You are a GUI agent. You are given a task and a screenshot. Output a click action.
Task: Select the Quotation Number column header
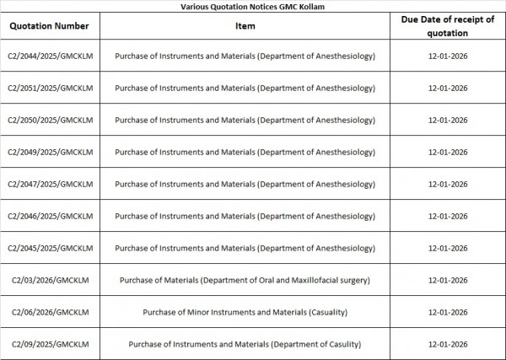(x=50, y=25)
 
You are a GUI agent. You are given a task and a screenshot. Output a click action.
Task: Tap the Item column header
(x=245, y=25)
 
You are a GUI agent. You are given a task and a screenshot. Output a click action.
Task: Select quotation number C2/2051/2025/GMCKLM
(x=50, y=88)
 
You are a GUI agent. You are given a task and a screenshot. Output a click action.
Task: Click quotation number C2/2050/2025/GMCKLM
(x=50, y=120)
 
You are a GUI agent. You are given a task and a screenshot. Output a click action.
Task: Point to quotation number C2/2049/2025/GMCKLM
(x=50, y=152)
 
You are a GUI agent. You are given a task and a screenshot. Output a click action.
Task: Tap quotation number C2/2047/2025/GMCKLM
(x=50, y=184)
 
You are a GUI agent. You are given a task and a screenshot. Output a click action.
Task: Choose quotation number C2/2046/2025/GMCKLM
(x=50, y=216)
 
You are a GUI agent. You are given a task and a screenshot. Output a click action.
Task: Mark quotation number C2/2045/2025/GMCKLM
(x=50, y=248)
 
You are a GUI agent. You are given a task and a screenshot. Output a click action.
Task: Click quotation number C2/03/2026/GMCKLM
(x=50, y=280)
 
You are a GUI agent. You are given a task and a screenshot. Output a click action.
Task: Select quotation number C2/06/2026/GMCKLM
(x=50, y=312)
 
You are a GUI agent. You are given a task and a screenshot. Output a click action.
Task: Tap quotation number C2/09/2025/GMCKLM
(x=50, y=344)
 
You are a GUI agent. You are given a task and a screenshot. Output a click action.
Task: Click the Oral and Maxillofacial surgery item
(x=245, y=280)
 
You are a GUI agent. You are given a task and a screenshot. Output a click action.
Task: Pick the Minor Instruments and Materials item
(x=245, y=312)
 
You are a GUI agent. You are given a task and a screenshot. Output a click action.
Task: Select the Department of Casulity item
(x=245, y=344)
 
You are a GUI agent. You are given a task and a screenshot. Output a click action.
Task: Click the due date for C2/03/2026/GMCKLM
(x=448, y=280)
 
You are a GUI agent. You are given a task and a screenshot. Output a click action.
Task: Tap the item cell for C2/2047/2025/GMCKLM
(x=245, y=184)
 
